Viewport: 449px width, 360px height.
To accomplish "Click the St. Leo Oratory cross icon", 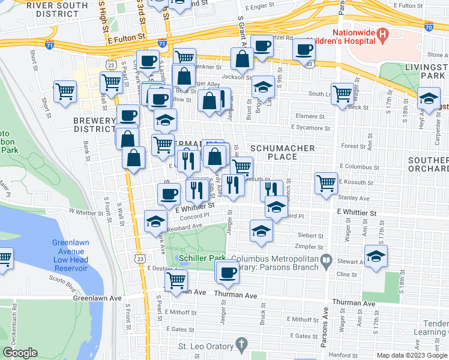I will click(x=241, y=346).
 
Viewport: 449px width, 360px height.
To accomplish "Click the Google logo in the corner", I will click(x=20, y=353).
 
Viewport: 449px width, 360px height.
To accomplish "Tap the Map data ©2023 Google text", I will click(x=412, y=355).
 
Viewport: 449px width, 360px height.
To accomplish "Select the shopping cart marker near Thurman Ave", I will click(x=176, y=280).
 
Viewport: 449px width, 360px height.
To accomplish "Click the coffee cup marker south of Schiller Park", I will click(x=227, y=273).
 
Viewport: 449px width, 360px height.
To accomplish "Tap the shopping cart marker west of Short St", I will click(x=65, y=92).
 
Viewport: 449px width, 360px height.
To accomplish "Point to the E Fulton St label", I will click(x=127, y=37).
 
